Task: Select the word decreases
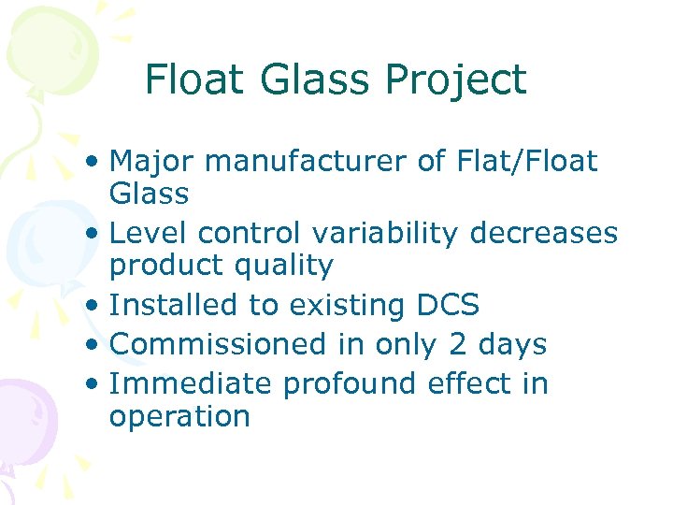tap(544, 233)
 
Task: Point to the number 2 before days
tap(457, 343)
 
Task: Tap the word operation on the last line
tap(179, 416)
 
